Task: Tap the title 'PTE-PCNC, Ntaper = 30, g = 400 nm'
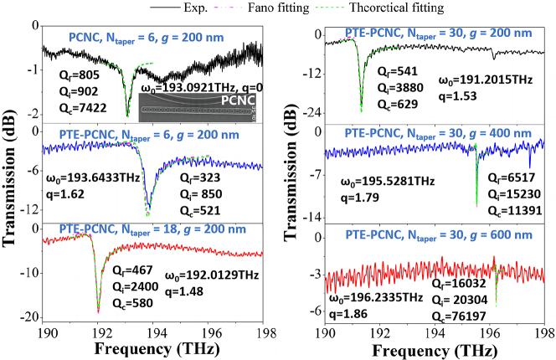click(x=432, y=131)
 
